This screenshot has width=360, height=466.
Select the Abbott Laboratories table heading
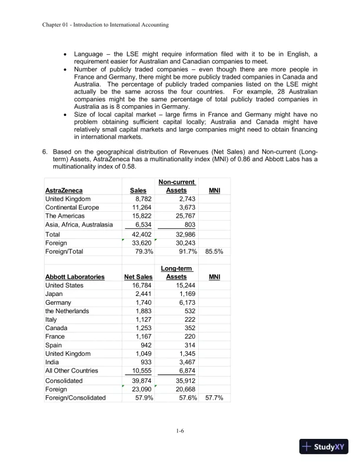pos(75,277)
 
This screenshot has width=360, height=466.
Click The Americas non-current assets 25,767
pos(184,216)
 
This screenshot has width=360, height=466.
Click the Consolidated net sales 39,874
pos(141,381)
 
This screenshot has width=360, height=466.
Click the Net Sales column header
pos(138,277)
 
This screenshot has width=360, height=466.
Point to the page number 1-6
pos(180,432)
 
